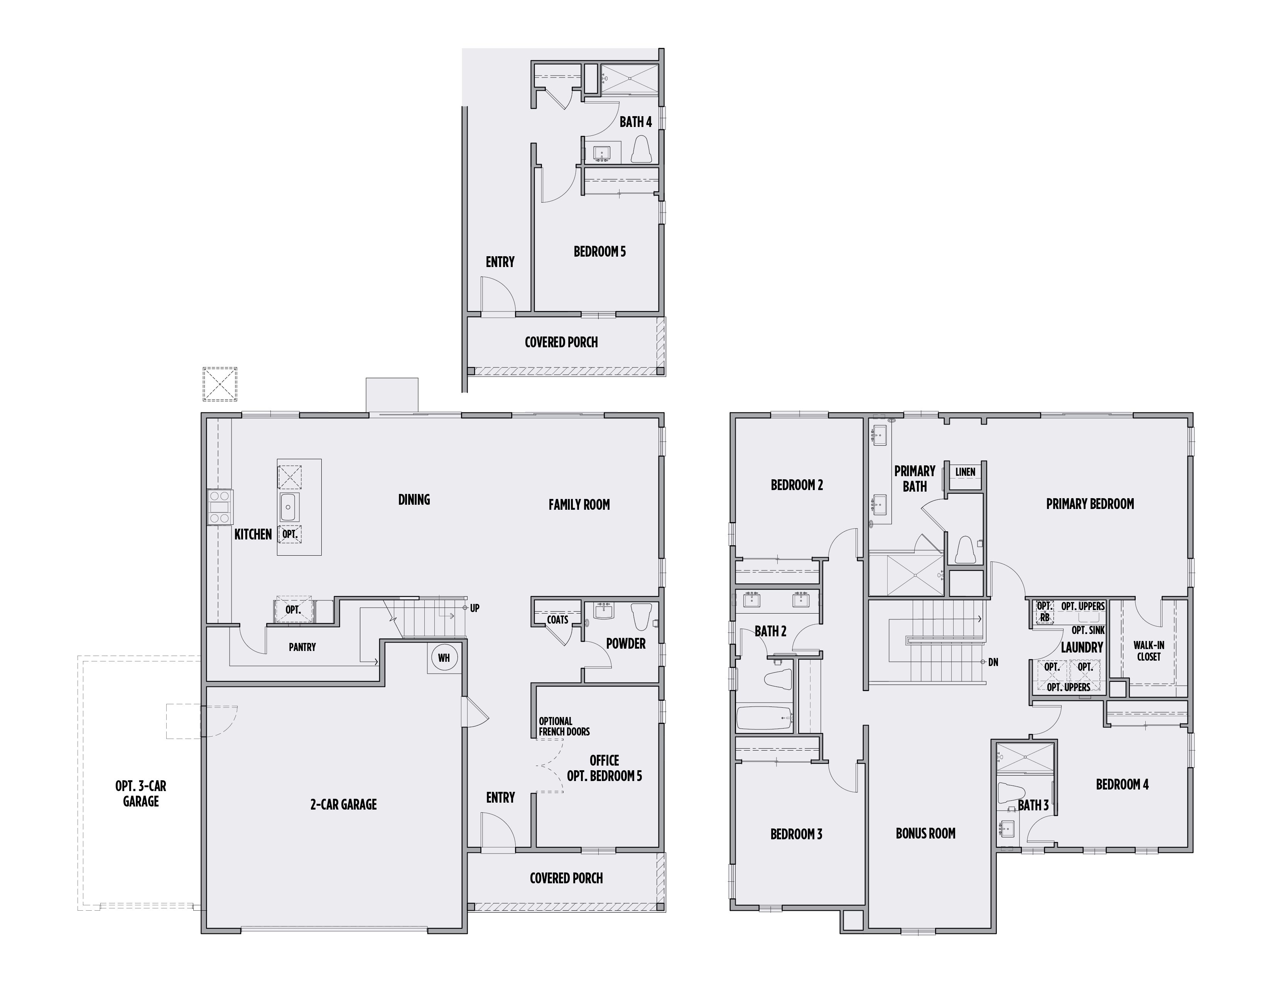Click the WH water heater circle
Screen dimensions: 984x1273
click(x=444, y=658)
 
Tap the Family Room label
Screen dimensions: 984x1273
click(x=579, y=505)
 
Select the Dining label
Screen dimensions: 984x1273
click(x=414, y=500)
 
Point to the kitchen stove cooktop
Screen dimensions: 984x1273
click(x=220, y=507)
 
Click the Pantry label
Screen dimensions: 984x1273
click(x=302, y=647)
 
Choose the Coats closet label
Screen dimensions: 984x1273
click(x=557, y=620)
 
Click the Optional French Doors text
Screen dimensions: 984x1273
click(x=564, y=726)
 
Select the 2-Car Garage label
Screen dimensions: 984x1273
click(x=343, y=805)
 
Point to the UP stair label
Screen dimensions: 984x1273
click(x=474, y=608)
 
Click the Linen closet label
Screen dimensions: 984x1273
click(x=965, y=472)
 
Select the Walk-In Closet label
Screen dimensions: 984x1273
click(x=1148, y=651)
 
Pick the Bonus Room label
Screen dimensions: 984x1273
click(x=925, y=834)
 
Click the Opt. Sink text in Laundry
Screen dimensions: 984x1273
click(x=1088, y=630)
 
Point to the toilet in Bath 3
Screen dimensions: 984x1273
click(x=1011, y=793)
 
